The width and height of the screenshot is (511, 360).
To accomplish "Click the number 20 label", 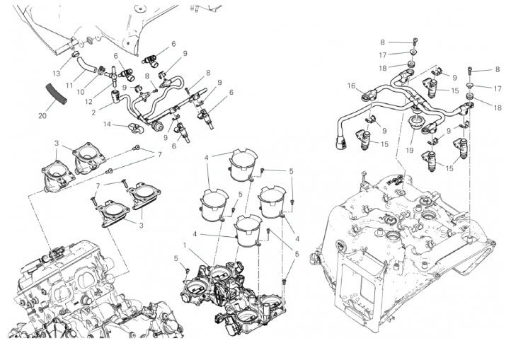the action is pyautogui.click(x=42, y=115).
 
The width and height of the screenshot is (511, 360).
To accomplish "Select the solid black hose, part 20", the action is pyautogui.click(x=57, y=93).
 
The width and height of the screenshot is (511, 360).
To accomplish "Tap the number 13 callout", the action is pyautogui.click(x=57, y=74).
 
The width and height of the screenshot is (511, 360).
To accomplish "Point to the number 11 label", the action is pyautogui.click(x=69, y=86).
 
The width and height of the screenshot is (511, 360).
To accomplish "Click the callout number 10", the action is pyautogui.click(x=81, y=92).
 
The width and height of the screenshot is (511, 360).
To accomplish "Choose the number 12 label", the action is pyautogui.click(x=88, y=102).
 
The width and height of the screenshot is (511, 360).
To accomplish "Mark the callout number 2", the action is pyautogui.click(x=93, y=112).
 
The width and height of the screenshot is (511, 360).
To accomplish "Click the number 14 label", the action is pyautogui.click(x=108, y=124).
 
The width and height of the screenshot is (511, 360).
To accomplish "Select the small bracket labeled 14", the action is pyautogui.click(x=135, y=128).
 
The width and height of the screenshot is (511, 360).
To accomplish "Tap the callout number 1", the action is pyautogui.click(x=185, y=245).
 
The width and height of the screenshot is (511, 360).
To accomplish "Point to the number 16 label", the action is pyautogui.click(x=351, y=86).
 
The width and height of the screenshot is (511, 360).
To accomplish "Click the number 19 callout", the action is pyautogui.click(x=410, y=150).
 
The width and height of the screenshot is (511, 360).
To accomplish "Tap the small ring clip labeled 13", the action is pyautogui.click(x=76, y=54).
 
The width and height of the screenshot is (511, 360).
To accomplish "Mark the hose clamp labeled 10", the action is pyautogui.click(x=101, y=69).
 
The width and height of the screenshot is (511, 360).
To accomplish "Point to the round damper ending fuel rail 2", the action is pyautogui.click(x=157, y=126).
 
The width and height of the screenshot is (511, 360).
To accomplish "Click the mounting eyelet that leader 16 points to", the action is pyautogui.click(x=369, y=95).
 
